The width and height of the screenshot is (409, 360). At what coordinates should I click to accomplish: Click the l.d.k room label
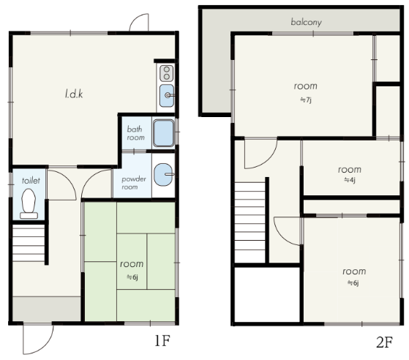click(74, 94)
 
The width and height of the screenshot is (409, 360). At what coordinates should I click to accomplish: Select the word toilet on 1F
click(31, 181)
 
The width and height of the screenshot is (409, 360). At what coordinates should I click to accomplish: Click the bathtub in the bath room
click(164, 132)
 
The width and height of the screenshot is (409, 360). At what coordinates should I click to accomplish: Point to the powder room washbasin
click(164, 175)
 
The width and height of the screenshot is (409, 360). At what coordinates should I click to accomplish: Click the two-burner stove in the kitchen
click(166, 73)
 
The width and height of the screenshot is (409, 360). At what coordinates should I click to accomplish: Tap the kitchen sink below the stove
click(167, 95)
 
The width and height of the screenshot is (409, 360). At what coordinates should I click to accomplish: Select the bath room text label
click(135, 133)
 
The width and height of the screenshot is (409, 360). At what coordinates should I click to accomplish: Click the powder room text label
click(134, 183)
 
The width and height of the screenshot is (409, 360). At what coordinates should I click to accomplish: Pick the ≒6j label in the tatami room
click(132, 277)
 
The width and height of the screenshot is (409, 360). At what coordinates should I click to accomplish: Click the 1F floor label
click(162, 340)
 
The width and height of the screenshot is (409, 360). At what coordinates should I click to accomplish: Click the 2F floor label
click(384, 342)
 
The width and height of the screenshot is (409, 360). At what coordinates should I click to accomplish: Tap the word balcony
click(307, 22)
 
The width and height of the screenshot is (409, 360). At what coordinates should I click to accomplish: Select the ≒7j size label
click(305, 100)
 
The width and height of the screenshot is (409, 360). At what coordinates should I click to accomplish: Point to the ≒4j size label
click(350, 180)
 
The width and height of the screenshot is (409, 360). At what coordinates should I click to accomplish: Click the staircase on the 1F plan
click(29, 243)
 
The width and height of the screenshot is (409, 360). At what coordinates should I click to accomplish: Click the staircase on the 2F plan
click(250, 222)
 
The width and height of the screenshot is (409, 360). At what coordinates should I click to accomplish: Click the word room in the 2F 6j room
click(354, 271)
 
